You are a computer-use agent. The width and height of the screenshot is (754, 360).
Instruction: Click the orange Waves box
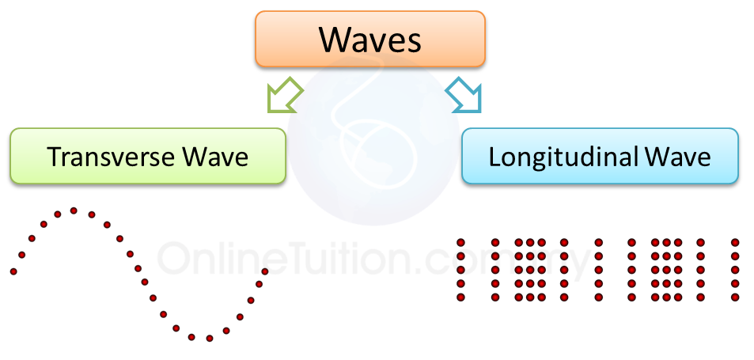coord(369,37)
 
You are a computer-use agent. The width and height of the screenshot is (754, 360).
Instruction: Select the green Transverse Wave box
coord(147,156)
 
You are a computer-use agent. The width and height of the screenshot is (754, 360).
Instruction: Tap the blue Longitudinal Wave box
coord(599,156)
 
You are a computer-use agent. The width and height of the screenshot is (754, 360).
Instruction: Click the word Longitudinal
coord(551,157)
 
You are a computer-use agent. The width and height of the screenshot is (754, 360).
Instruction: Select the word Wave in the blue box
coord(678,157)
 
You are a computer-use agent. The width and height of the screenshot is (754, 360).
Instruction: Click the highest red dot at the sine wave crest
coord(74,210)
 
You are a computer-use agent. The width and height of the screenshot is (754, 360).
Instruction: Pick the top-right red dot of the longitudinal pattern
coord(735,241)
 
